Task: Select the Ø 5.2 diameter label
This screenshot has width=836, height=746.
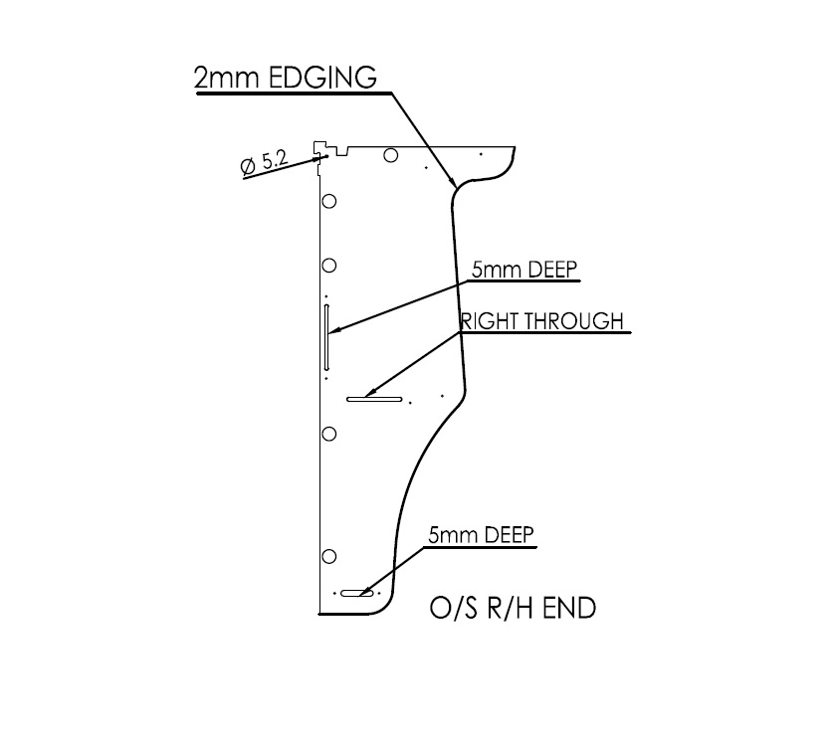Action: tap(264, 162)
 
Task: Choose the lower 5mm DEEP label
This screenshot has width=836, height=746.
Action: tap(482, 535)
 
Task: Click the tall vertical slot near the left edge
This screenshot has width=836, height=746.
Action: tap(326, 338)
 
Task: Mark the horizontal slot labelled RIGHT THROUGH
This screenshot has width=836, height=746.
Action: tap(374, 400)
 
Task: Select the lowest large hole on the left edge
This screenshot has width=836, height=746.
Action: tap(329, 554)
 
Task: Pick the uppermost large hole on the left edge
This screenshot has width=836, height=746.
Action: tap(329, 201)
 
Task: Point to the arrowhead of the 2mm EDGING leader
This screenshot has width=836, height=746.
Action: tap(456, 184)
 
